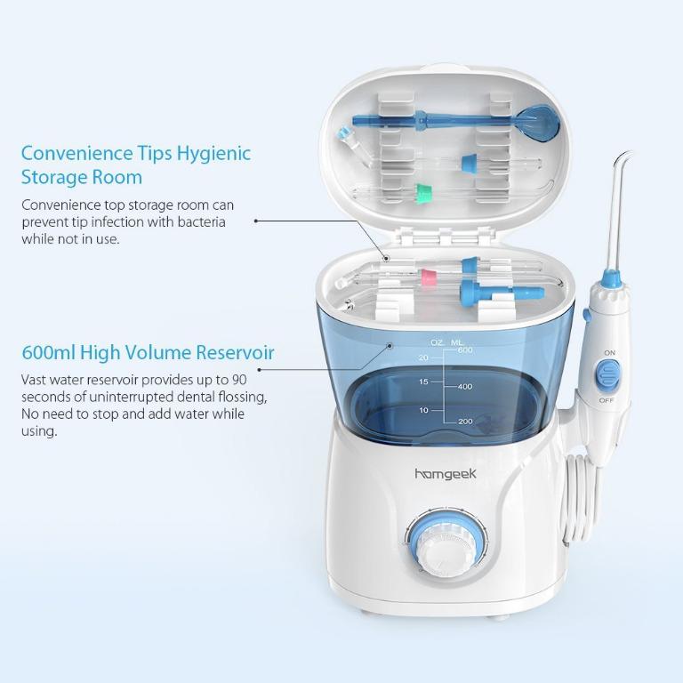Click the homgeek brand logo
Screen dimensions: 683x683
[446, 474]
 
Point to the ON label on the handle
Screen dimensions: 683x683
[609, 353]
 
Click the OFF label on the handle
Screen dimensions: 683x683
[609, 400]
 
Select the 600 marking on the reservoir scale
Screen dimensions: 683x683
[464, 350]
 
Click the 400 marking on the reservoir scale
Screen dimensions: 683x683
[464, 387]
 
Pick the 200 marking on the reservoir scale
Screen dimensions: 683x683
[464, 421]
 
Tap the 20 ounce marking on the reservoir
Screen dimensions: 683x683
[423, 358]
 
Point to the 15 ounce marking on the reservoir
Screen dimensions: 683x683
[423, 382]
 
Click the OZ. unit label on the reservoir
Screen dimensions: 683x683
[437, 341]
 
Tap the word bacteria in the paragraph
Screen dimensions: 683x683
[197, 221]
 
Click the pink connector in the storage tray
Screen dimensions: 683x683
[429, 277]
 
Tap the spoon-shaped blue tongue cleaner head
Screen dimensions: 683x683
[538, 119]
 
